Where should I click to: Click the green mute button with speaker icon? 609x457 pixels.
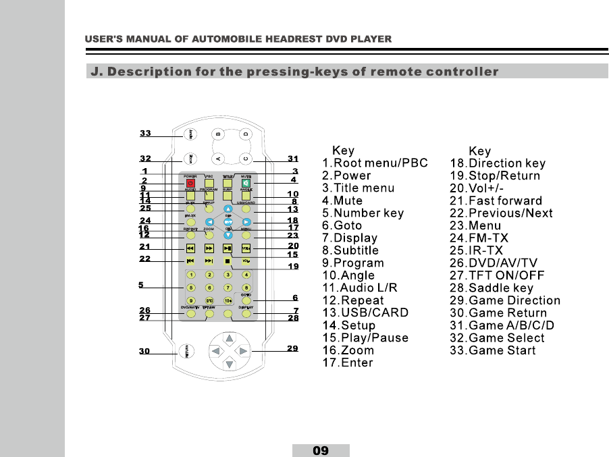pos(246,182)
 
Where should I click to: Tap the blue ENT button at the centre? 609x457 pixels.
pos(228,221)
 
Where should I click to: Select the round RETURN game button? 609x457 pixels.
pos(190,351)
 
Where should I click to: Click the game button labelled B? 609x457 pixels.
pos(218,134)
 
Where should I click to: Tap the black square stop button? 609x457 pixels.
pos(228,261)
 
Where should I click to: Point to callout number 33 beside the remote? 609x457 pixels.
pos(145,134)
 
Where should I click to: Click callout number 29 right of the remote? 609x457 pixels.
pos(292,348)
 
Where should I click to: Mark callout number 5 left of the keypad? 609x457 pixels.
pos(141,286)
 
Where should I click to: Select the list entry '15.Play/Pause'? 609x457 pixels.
pos(365,338)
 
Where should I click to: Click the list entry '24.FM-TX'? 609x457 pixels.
pos(479,238)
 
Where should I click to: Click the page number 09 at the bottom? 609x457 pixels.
pos(321,450)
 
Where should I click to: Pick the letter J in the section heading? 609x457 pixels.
pos(95,72)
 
